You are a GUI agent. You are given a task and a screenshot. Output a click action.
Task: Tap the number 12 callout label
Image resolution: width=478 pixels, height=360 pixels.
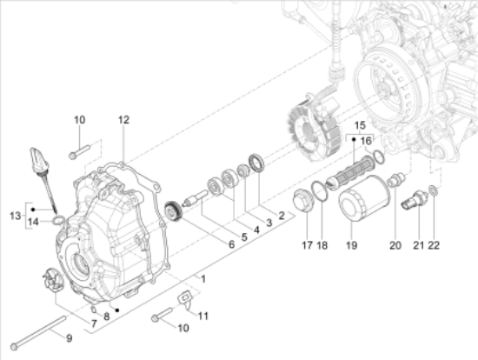(123, 120)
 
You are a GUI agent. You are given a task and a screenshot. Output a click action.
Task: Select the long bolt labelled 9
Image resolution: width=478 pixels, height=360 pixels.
(38, 332)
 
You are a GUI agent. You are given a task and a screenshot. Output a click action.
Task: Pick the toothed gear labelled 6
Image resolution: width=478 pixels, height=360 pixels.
(173, 210)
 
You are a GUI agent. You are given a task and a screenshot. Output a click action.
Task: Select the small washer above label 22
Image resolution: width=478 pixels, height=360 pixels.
(433, 190)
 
